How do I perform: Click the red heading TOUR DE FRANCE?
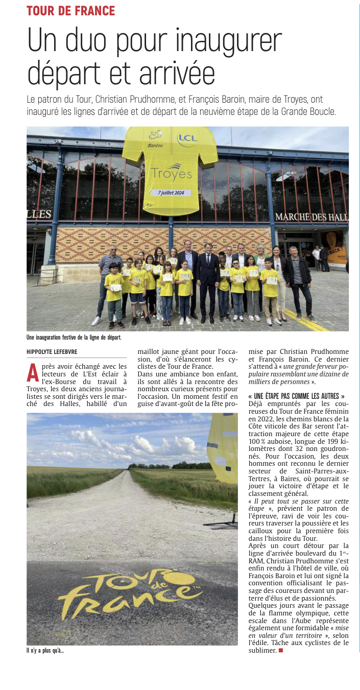(71, 11)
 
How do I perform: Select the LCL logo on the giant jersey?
(187, 138)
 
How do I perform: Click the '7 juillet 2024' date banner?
(171, 193)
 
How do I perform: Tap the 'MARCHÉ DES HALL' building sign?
(311, 217)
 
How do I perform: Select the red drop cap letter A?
(33, 372)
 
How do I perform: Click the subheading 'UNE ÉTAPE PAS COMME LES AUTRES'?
(296, 396)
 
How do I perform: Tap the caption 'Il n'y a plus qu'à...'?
(45, 650)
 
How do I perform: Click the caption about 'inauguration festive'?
(74, 338)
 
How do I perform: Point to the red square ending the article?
(280, 651)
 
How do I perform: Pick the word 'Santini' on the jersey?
(155, 146)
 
